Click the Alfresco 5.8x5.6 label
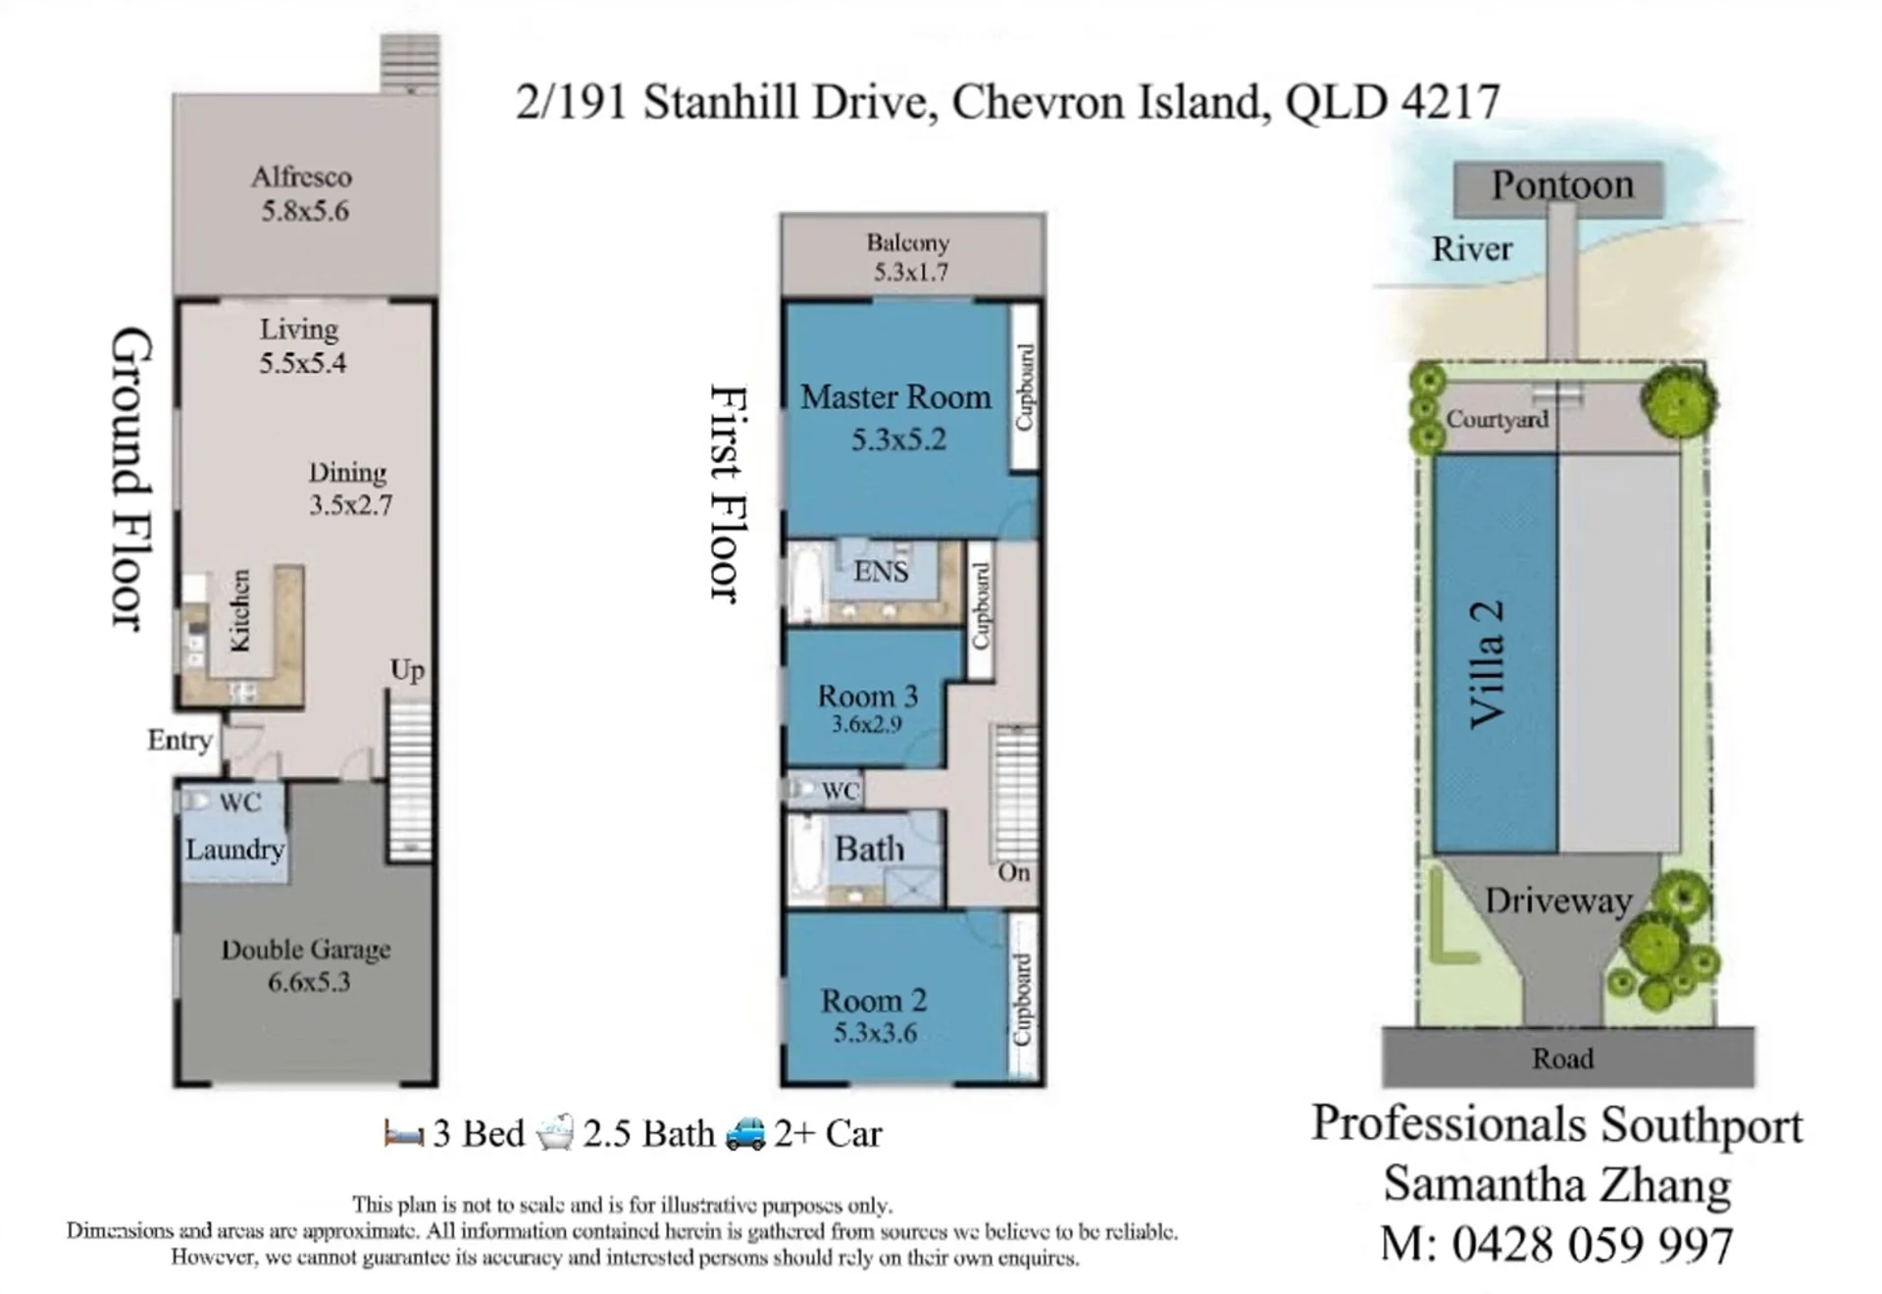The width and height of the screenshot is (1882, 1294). click(303, 193)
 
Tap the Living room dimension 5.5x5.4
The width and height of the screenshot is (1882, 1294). click(302, 363)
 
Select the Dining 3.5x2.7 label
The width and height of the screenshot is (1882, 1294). click(350, 489)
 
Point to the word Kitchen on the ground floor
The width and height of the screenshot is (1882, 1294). click(240, 610)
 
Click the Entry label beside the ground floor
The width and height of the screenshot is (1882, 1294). click(179, 740)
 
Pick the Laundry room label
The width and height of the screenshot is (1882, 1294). click(235, 849)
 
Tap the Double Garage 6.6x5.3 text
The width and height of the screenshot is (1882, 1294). click(307, 965)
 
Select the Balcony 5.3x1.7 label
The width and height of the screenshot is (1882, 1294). click(909, 257)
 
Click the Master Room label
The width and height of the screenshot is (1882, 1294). click(895, 397)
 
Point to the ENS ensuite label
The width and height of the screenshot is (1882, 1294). click(881, 572)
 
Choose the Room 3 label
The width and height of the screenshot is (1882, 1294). click(868, 696)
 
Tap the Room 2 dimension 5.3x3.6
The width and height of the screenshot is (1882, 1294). click(875, 1033)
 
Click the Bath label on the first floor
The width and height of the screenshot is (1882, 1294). click(869, 849)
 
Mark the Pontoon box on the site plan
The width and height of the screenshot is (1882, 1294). click(1558, 188)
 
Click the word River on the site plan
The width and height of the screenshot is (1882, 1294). click(1472, 249)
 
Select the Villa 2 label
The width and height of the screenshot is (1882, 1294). click(1487, 664)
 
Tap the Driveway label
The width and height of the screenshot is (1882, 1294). click(1557, 901)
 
